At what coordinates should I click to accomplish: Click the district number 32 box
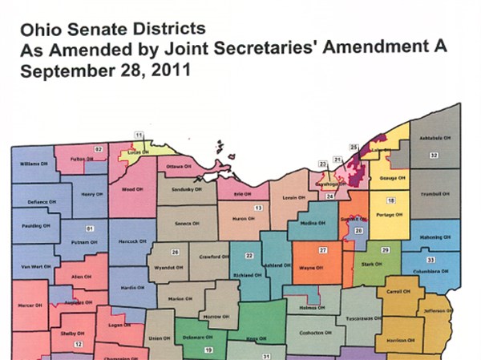pos(433,154)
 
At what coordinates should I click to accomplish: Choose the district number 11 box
pos(138,134)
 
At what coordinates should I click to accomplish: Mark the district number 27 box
pos(321,250)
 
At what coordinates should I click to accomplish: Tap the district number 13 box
pos(258,208)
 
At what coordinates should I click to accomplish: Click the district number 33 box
pos(430,261)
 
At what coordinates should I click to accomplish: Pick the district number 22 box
pos(249,256)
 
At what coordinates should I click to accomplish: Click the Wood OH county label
pos(128,190)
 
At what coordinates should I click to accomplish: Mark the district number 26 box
pos(175,252)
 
